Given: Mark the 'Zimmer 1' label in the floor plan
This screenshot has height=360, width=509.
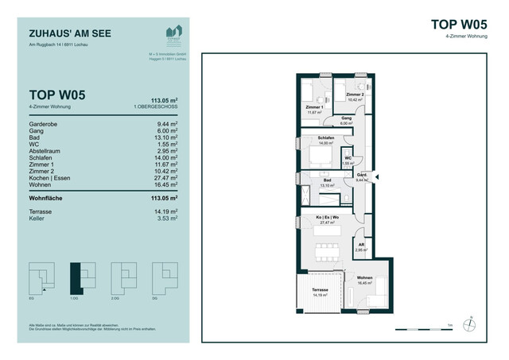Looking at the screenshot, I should click(x=314, y=107).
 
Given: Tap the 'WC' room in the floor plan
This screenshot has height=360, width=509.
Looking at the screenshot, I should click(x=348, y=159).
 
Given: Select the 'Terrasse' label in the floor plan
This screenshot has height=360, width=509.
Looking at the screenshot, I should click(x=319, y=291).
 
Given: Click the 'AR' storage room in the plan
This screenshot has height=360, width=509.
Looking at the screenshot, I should click(x=361, y=246).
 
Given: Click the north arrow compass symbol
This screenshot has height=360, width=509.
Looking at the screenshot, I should click(x=471, y=323).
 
